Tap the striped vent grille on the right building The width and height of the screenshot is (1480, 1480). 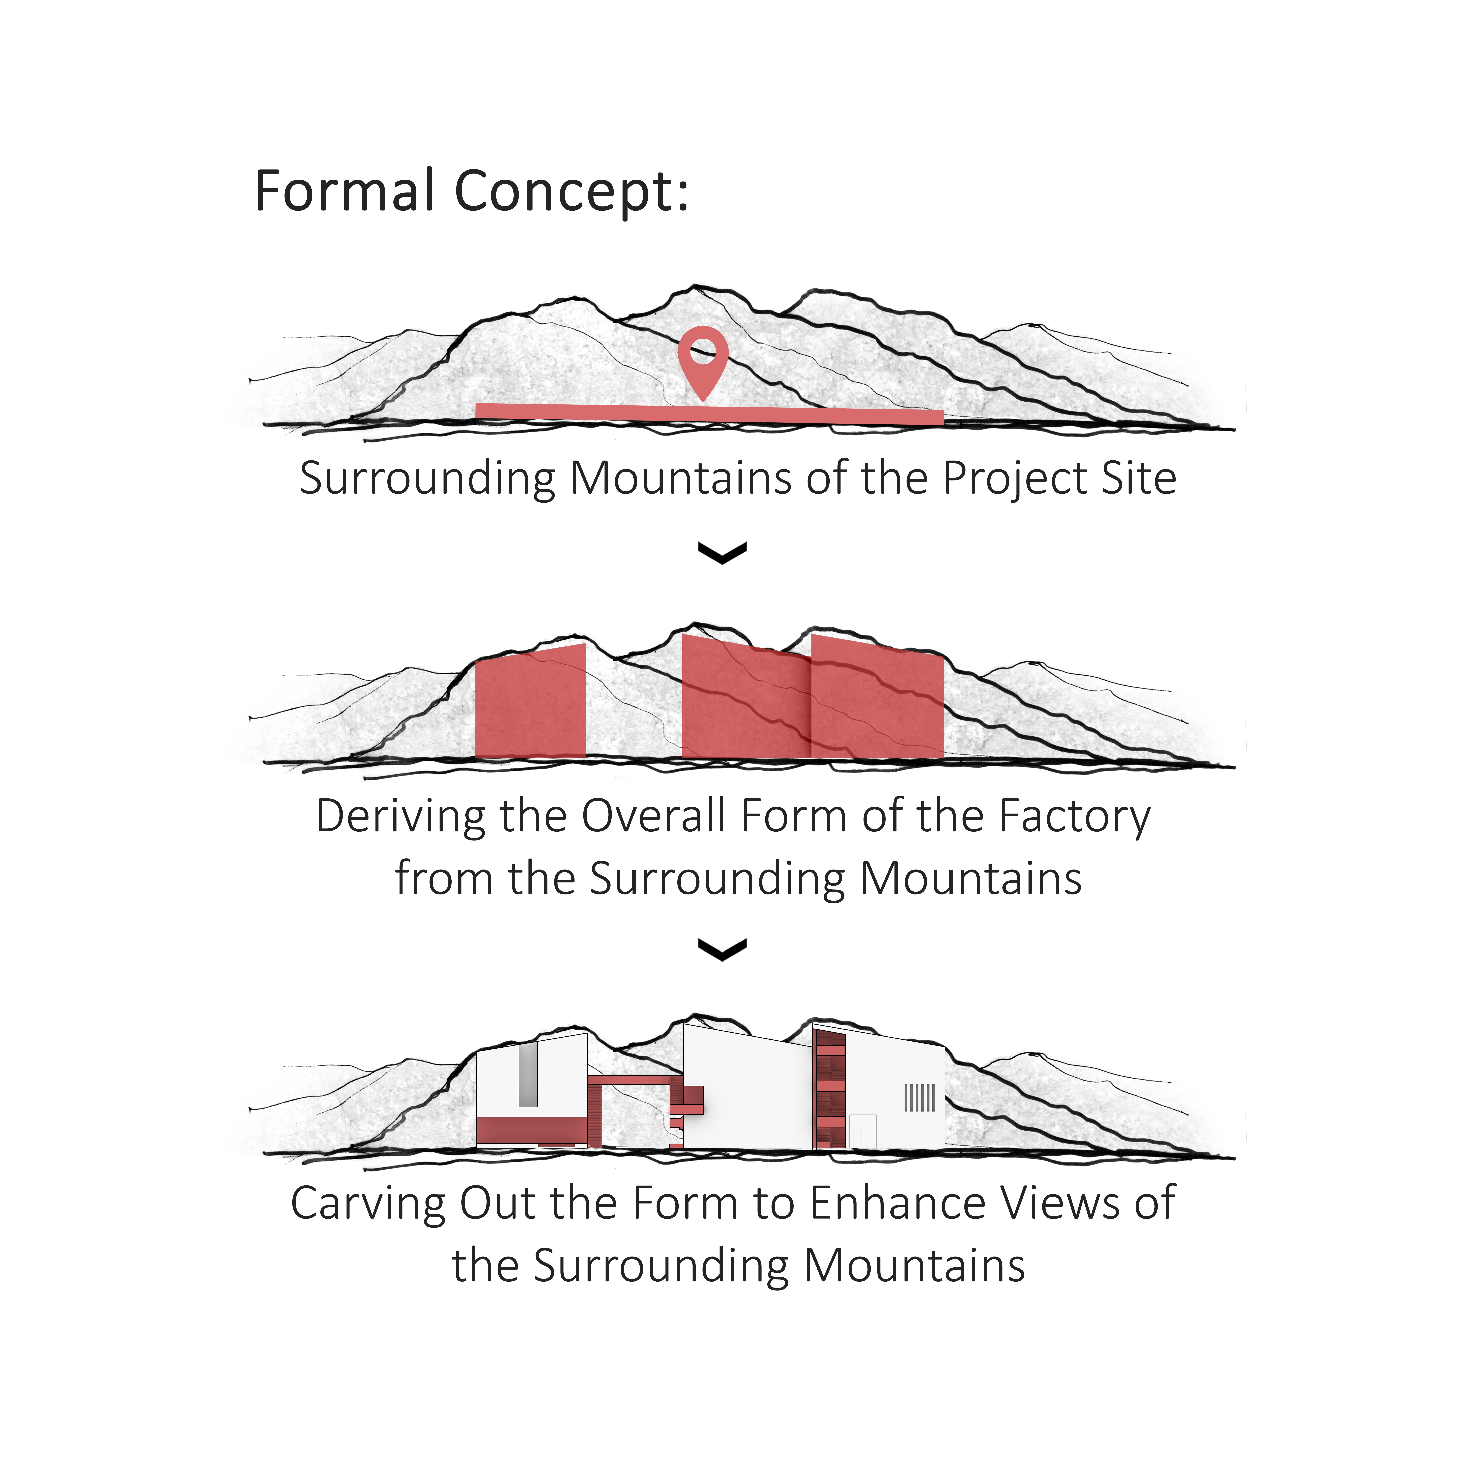pos(919,1098)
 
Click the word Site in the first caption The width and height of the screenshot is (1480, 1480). pos(1138,479)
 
